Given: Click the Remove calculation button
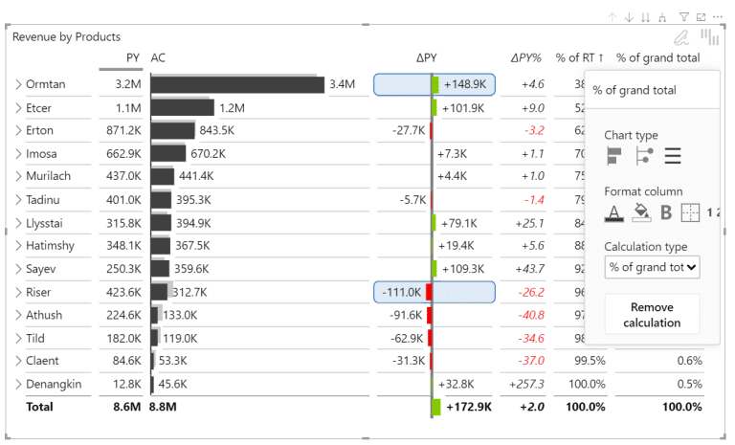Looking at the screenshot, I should [652, 315].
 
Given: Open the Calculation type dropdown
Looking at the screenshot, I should [652, 267].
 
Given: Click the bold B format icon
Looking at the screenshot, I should [666, 212].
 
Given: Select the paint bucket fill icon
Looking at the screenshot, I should [641, 212].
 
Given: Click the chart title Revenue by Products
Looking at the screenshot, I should [67, 37].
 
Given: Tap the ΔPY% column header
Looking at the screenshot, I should [527, 58].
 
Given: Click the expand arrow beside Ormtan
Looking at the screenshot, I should [18, 85].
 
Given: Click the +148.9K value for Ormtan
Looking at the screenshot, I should [464, 85].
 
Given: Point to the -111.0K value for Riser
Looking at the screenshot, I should [401, 292].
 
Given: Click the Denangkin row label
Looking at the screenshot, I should [54, 384].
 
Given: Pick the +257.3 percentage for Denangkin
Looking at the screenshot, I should [527, 384].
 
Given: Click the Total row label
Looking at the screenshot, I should [41, 407].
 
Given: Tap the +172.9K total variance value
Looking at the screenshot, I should [468, 407].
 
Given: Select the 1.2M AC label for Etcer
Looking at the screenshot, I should [231, 108].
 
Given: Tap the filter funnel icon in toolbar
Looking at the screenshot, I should [684, 17].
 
